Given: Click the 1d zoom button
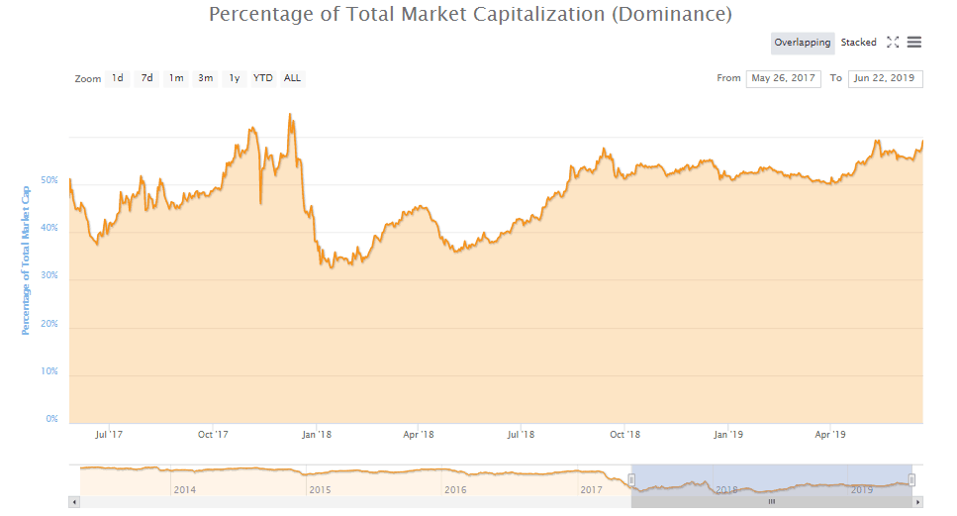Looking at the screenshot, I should click(117, 78).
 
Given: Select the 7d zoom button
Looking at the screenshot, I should click(146, 78).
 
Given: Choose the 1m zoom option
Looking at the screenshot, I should click(176, 78).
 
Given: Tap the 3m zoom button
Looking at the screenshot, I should click(205, 78).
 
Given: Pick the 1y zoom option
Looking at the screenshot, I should click(235, 78).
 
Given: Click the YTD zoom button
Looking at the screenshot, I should click(263, 78).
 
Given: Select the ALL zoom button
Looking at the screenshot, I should click(293, 78).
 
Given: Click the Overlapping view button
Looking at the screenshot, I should click(802, 43).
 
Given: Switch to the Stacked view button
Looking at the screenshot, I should click(858, 43).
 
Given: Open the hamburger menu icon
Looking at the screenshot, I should click(914, 43).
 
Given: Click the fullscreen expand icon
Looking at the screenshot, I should click(893, 43).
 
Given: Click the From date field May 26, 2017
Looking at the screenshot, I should click(783, 78).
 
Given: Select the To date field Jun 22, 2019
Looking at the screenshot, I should click(885, 78).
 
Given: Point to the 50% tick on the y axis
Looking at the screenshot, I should click(50, 181).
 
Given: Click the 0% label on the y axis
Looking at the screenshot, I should click(52, 419).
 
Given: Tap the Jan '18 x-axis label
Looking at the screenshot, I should click(316, 434).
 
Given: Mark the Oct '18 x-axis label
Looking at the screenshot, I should click(624, 434).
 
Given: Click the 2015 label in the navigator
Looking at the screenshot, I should click(320, 489).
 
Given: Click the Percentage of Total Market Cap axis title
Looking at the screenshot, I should click(26, 258).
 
